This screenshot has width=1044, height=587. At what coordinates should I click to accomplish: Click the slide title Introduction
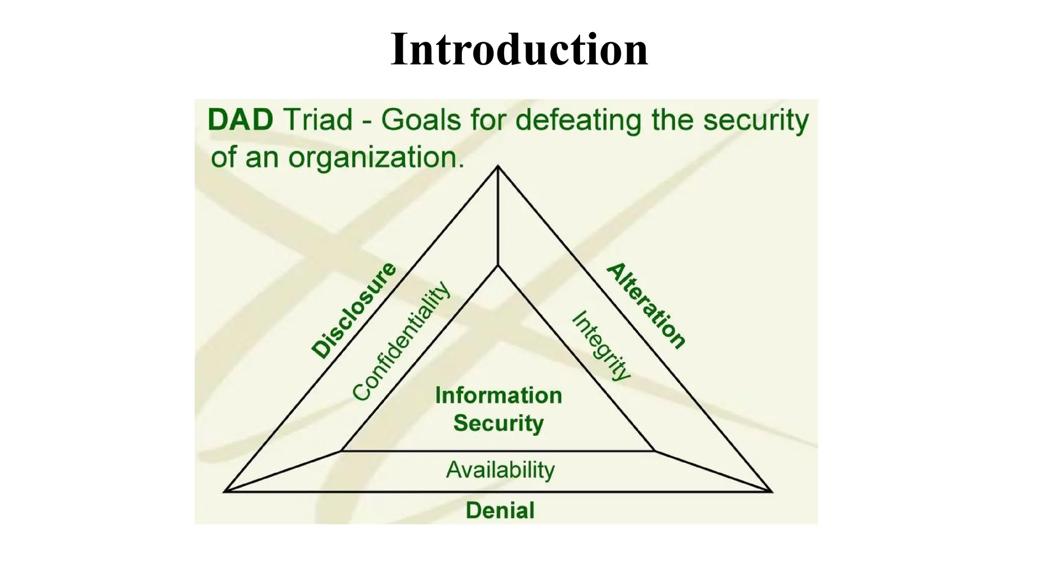519,49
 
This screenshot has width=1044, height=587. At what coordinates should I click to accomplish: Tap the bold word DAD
240,120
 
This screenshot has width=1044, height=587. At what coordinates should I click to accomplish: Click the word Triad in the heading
317,120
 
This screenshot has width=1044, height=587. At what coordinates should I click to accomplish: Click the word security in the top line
755,121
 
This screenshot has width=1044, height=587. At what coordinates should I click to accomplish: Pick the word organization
376,157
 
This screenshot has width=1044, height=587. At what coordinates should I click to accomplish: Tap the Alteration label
646,306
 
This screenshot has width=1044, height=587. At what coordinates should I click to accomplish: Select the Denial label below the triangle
500,511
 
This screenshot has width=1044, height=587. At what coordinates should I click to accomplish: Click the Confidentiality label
402,341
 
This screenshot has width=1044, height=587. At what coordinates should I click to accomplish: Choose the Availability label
500,470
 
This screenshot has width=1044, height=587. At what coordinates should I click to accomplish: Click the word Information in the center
498,396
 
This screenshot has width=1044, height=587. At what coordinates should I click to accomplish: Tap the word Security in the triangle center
498,423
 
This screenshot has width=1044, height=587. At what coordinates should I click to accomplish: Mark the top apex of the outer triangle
498,166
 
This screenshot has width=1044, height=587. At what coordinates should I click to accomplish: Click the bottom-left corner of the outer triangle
225,491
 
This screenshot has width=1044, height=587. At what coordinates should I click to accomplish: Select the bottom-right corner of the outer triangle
772,491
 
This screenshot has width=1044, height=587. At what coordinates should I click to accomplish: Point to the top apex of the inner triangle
498,265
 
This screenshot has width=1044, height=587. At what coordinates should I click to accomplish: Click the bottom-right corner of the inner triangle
655,451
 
